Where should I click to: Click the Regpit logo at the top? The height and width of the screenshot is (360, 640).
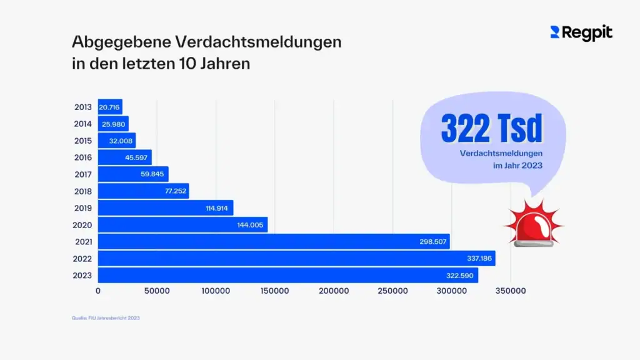pyautogui.click(x=581, y=33)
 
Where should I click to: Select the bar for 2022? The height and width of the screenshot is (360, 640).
pyautogui.click(x=296, y=258)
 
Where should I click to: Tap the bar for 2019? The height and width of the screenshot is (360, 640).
pyautogui.click(x=165, y=208)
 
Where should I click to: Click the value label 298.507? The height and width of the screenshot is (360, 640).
pyautogui.click(x=433, y=242)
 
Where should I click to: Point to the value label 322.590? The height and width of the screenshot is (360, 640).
pyautogui.click(x=461, y=276)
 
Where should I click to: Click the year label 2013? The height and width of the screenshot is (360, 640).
pyautogui.click(x=83, y=107)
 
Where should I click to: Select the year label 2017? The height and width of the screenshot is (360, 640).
pyautogui.click(x=83, y=174)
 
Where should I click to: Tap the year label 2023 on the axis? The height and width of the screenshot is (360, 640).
pyautogui.click(x=83, y=276)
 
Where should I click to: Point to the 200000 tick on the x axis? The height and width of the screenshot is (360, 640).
pyautogui.click(x=333, y=291)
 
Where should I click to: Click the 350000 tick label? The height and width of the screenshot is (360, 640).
pyautogui.click(x=511, y=291)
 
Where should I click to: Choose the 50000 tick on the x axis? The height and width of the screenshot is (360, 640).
pyautogui.click(x=157, y=291)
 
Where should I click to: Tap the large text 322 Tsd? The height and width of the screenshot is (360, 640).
pyautogui.click(x=491, y=129)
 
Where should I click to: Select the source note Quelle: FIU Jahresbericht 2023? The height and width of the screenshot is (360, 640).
pyautogui.click(x=106, y=318)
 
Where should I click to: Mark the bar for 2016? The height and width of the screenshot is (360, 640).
pyautogui.click(x=124, y=157)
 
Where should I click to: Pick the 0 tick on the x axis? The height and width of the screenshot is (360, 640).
pyautogui.click(x=98, y=291)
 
